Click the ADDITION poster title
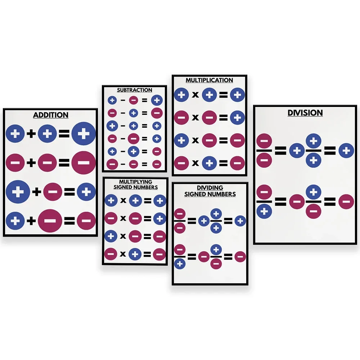pos(51,115)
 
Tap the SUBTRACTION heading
pos(135,90)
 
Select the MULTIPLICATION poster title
pos(209,80)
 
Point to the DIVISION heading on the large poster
pos(305,113)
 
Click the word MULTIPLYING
pos(135,182)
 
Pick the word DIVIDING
pos(210,188)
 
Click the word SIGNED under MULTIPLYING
pos(123,187)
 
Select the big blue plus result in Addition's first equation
pos(84,134)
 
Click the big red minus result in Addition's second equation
pos(84,163)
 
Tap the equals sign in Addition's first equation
pos(64,134)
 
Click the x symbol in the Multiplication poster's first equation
pos(195,95)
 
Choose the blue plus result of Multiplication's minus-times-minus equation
pos(237,117)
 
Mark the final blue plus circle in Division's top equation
pos(346,150)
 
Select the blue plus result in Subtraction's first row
pos(157,100)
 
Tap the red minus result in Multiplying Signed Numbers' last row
pos(159,255)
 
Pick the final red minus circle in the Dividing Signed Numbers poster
pos(240,257)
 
